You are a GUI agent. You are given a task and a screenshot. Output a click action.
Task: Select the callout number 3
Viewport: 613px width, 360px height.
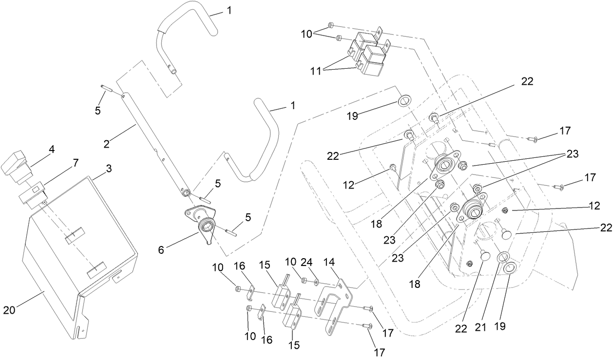pos(108,169)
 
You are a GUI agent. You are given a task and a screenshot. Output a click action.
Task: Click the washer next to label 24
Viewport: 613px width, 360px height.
pos(317,282)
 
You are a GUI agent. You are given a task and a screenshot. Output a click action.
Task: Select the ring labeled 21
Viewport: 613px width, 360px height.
pos(503,257)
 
